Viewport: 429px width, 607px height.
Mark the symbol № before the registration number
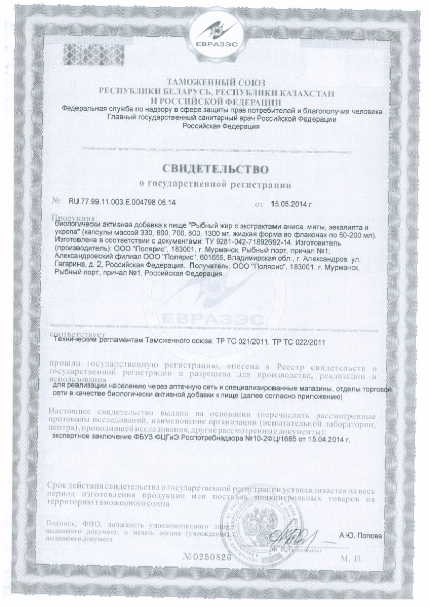point(57,202)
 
